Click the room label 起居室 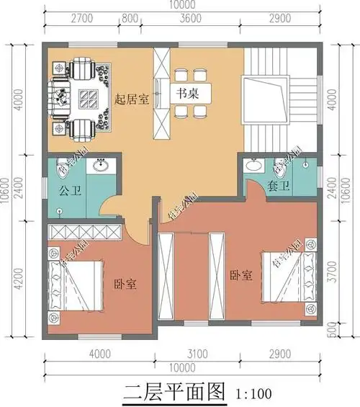point(132,99)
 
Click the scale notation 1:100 point(253,393)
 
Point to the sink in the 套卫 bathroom point(253,166)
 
